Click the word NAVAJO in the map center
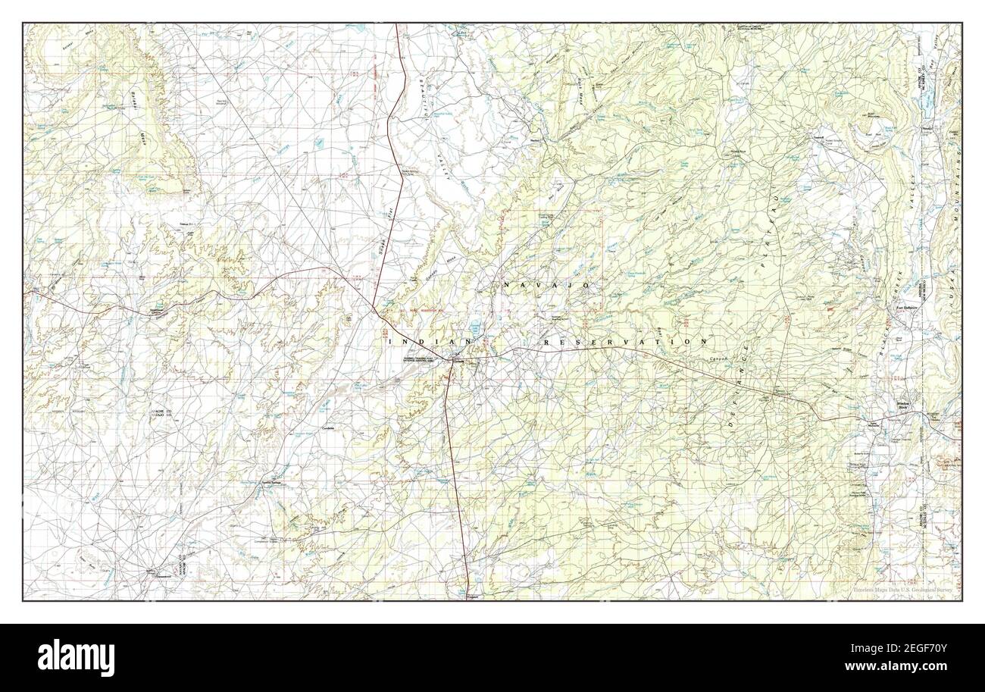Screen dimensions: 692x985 click(x=546, y=284)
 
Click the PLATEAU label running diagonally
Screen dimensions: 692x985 click(x=769, y=230)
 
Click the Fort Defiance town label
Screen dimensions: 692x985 click(x=907, y=308)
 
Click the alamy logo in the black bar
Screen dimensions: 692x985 click(x=76, y=656)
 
